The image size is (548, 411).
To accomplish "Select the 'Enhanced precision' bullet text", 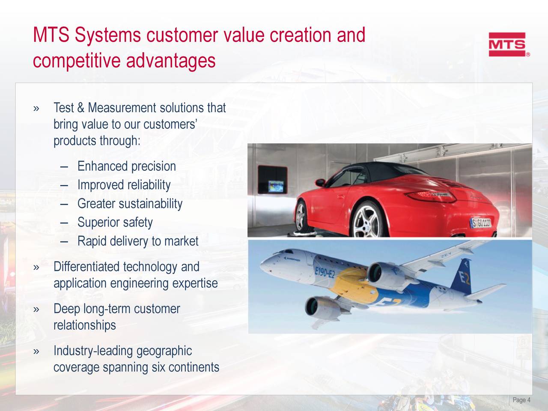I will [126, 166].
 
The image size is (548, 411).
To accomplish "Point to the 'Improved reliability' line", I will [124, 185].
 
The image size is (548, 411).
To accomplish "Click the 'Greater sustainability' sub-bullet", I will [130, 204].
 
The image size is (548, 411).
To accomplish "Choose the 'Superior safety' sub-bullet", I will [115, 223].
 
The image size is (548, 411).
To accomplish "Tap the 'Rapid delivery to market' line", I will [137, 241].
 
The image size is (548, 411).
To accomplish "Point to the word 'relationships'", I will [84, 325].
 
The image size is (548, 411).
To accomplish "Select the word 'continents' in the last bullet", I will [194, 367].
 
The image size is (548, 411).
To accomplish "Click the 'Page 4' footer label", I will [521, 400].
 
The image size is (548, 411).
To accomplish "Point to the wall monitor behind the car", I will [274, 186].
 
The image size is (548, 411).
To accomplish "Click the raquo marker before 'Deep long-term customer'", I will [37, 309].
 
